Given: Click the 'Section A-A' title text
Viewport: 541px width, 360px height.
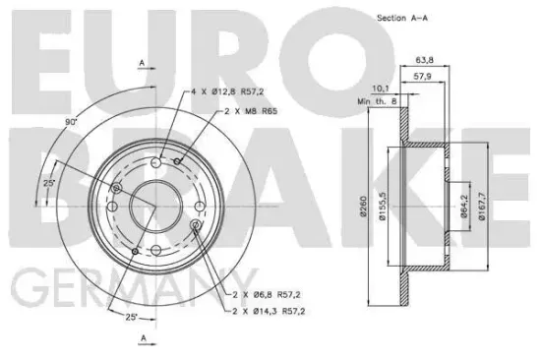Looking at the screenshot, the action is [402, 18].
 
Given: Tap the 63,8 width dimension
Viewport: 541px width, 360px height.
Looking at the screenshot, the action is [424, 60].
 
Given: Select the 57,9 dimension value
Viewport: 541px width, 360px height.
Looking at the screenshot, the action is [422, 77].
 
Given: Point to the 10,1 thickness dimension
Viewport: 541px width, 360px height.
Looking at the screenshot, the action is [380, 89].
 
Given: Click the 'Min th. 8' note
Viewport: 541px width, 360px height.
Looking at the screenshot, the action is [377, 101].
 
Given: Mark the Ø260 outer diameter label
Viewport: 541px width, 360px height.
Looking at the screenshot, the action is [363, 207].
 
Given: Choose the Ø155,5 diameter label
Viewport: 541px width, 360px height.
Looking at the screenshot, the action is [382, 206].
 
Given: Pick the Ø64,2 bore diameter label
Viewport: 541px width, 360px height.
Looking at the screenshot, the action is [463, 206].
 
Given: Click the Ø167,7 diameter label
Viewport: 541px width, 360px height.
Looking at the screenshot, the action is [482, 206].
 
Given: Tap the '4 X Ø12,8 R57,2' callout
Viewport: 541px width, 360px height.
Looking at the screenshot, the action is [227, 91].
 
